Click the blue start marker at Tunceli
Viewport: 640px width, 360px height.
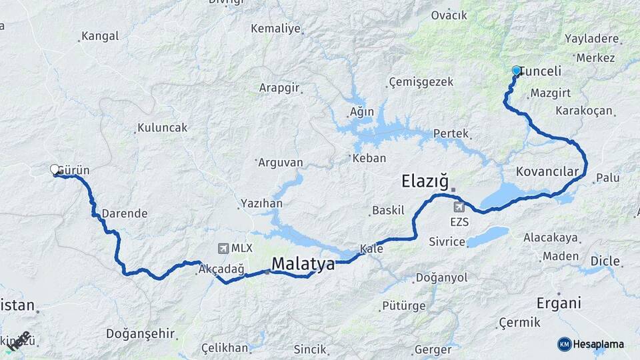pyautogui.click(x=516, y=70)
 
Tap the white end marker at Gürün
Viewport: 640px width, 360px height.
pyautogui.click(x=55, y=169)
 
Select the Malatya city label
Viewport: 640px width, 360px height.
pyautogui.click(x=303, y=265)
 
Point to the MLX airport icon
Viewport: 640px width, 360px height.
pyautogui.click(x=222, y=248)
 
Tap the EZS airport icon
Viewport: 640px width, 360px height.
pyautogui.click(x=459, y=207)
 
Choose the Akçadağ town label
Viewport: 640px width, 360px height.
pyautogui.click(x=222, y=269)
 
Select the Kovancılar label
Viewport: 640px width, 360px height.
pyautogui.click(x=547, y=172)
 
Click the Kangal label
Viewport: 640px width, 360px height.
pyautogui.click(x=99, y=36)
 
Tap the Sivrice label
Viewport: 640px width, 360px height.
pyautogui.click(x=447, y=241)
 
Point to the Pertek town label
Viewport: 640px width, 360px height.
pyautogui.click(x=451, y=133)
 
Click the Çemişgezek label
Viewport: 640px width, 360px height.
pyautogui.click(x=421, y=82)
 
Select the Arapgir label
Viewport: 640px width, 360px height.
pyautogui.click(x=279, y=87)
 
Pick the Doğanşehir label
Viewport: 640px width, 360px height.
pyautogui.click(x=140, y=333)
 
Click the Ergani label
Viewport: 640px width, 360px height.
pyautogui.click(x=559, y=303)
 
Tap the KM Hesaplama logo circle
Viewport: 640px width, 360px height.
pyautogui.click(x=564, y=344)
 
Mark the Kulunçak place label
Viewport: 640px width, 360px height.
pyautogui.click(x=162, y=127)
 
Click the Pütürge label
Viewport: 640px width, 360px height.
pyautogui.click(x=403, y=306)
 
